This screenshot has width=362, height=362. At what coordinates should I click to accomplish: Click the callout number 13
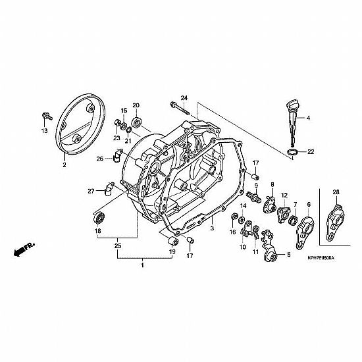[x=45, y=131]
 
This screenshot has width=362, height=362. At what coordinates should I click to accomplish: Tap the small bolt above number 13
[x=47, y=116]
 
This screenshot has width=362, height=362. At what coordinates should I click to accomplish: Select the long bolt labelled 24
[x=180, y=109]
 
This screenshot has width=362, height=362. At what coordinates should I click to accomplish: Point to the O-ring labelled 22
[x=292, y=153]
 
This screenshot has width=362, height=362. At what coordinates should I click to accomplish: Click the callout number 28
[x=336, y=192]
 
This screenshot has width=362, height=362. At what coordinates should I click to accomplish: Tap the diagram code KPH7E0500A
[x=321, y=258]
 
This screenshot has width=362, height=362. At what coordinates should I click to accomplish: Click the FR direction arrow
[x=23, y=249]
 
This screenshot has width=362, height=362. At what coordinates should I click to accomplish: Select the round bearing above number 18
[x=99, y=217]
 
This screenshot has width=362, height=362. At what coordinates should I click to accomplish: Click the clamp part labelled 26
[x=118, y=155]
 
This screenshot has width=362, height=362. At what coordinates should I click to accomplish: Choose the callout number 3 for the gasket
[x=212, y=228]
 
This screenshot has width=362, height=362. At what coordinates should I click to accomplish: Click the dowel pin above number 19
[x=172, y=242]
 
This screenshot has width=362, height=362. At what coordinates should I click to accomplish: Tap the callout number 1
[x=142, y=265]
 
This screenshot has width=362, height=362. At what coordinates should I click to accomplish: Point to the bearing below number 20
[x=136, y=122]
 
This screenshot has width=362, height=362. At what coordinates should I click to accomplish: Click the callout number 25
[x=118, y=246]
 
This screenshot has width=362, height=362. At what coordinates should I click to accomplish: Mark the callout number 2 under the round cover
[x=65, y=165]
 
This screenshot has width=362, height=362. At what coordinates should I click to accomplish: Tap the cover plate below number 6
[x=305, y=233]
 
